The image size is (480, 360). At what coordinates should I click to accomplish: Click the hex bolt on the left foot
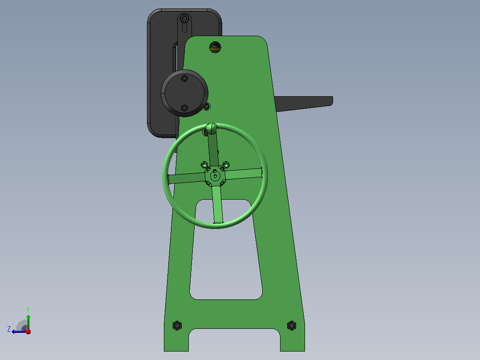click(x=177, y=325)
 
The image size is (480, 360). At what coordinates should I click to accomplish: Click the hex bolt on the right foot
click(x=291, y=325)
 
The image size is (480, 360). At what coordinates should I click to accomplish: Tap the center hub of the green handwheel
click(x=215, y=176)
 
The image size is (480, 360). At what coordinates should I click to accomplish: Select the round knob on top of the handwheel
click(x=211, y=128)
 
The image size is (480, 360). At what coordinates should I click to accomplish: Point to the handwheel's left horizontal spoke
click(x=187, y=178)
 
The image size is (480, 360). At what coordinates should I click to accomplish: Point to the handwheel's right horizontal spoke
click(x=244, y=174)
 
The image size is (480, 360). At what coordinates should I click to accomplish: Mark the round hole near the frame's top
click(x=215, y=47)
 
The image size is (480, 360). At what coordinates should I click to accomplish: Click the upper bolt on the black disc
click(x=184, y=79)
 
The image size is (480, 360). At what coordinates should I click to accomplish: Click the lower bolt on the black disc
click(x=184, y=108)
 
